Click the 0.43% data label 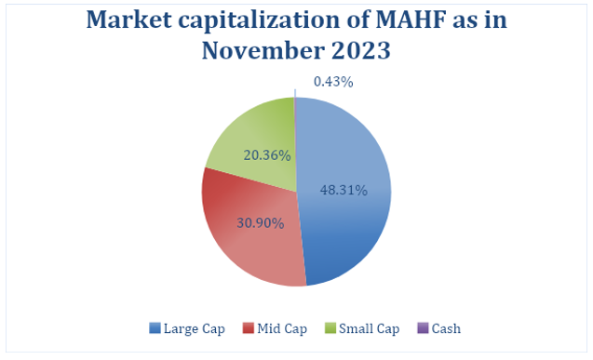(333, 82)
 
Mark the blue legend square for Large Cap (155, 327)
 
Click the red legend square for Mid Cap (249, 327)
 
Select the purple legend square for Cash (421, 327)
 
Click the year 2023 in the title (360, 50)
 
